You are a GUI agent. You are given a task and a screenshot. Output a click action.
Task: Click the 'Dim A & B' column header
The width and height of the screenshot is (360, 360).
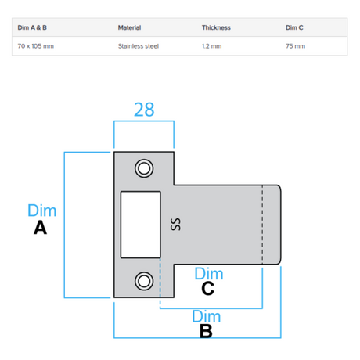coord(32,27)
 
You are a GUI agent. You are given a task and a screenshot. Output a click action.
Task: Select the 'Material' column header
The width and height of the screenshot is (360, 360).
coord(129,27)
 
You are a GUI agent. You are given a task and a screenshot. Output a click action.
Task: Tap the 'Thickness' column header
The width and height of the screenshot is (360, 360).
coord(216,27)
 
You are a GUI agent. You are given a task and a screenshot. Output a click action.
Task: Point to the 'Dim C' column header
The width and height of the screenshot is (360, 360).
coord(294,27)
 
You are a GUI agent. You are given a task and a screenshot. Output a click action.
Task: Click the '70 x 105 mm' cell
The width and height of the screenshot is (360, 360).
coord(36,46)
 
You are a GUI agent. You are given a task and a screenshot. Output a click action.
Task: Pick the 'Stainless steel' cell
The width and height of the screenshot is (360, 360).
coord(139,46)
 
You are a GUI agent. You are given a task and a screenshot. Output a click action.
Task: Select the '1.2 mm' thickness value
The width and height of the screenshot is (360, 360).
coord(212,46)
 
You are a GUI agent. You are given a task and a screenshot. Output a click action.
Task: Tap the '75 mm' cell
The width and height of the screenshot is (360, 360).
coord(295,46)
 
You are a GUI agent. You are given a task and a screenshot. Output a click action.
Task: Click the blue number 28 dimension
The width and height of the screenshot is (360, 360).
coord(144,110)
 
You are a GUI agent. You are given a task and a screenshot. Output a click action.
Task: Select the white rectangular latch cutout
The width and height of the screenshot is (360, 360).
coord(141,225)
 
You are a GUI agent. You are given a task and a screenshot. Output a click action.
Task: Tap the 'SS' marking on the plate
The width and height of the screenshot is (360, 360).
coord(175,225)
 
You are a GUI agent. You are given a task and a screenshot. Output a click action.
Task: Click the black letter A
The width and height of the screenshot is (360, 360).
coord(40,228)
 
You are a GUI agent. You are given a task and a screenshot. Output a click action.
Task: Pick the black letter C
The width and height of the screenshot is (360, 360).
coord(208,288)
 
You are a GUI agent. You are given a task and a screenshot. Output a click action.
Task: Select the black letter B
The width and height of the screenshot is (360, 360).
coord(206,331)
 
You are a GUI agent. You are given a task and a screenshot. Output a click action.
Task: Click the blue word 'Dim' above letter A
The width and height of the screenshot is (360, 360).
coord(42,211)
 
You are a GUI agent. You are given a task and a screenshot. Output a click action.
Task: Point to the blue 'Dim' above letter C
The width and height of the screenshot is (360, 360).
coord(209,274)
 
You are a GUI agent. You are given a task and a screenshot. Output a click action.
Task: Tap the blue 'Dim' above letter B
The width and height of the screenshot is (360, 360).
coord(207,316)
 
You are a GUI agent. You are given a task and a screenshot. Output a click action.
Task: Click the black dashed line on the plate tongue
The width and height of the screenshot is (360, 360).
coord(262,225)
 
